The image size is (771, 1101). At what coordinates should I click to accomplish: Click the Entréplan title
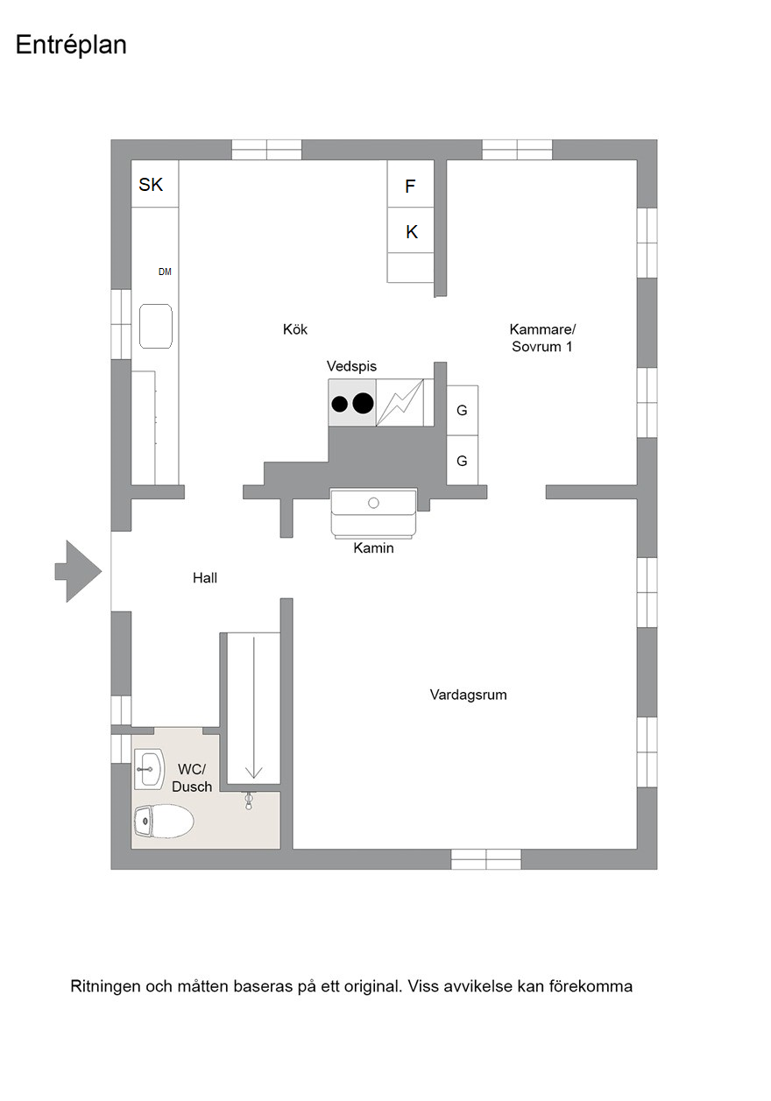coord(71,46)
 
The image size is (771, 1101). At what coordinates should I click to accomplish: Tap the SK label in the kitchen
coord(151,185)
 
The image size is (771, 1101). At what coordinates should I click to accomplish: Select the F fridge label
coord(410,187)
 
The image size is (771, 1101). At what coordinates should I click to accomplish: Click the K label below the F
coord(412,232)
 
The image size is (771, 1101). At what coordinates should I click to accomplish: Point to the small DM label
coord(165,272)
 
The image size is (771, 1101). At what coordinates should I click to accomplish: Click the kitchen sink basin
coord(156,327)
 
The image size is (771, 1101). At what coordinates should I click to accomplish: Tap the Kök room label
coord(295,329)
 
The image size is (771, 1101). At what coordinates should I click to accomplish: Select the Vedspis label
coord(351,366)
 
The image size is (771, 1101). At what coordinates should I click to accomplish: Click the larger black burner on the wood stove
coord(364,404)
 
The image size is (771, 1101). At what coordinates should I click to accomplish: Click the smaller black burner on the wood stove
coord(340,405)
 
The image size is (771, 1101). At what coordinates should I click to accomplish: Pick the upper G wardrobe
coord(463,411)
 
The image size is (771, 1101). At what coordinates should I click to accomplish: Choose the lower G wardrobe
coord(463,461)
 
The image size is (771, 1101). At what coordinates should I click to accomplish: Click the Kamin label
coord(374,548)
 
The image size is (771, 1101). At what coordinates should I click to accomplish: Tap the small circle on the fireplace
coord(374,503)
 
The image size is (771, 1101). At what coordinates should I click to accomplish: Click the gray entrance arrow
coord(78,571)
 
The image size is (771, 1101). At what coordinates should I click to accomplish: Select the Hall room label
coord(205,578)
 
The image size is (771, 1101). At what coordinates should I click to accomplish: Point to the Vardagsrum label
coord(468,695)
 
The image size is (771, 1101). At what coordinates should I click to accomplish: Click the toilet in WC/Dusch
coord(164,821)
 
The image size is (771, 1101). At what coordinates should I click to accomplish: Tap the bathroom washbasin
coord(149,769)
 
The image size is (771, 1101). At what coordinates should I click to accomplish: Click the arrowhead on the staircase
coord(254,773)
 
